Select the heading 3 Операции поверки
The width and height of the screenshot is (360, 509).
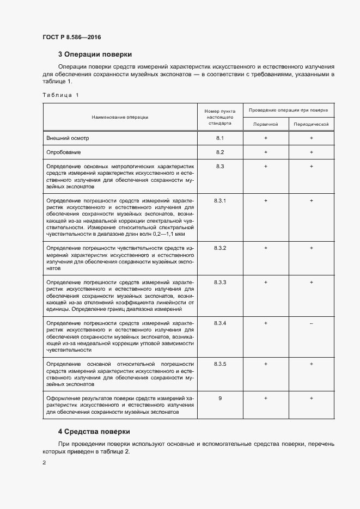pos(95,54)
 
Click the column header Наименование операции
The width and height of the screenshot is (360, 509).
pos(120,116)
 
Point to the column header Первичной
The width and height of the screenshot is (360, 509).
pos(266,124)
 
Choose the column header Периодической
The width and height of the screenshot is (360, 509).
pos(311,124)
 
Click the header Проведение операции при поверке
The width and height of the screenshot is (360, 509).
pos(289,110)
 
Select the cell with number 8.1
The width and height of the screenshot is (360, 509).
pos(220,138)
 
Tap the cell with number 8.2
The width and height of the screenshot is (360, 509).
pos(220,152)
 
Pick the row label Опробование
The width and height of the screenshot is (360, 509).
pos(64,152)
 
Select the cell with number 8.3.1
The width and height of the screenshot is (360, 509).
pos(220,201)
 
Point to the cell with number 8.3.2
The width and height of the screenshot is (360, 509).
pos(220,248)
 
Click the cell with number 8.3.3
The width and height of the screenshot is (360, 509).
pos(220,283)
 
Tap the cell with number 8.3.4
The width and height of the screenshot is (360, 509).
pos(220,323)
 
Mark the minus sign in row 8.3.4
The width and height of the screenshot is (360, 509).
pos(311,323)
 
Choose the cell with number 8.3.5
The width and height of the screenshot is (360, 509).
pos(220,364)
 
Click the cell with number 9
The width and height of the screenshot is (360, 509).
pos(220,398)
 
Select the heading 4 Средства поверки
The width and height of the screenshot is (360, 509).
pos(94,431)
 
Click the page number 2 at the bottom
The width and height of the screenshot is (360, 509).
pos(44,463)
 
